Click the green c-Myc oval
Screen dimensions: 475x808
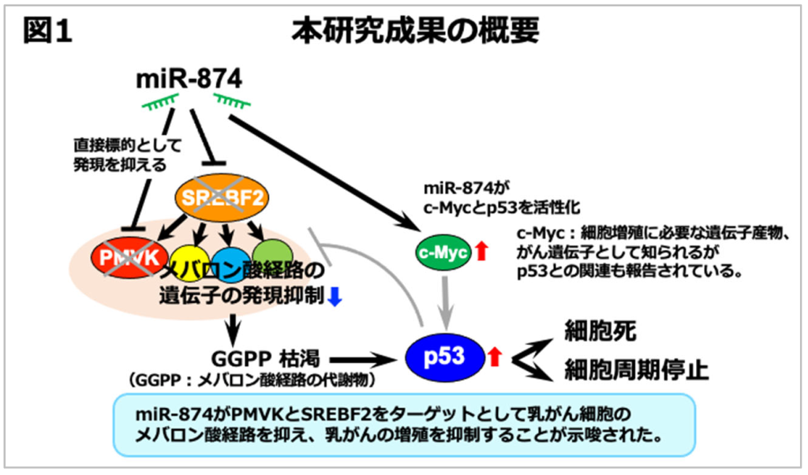click(x=443, y=252)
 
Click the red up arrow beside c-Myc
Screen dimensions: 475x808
click(x=483, y=252)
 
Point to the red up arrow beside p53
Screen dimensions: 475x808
click(x=495, y=356)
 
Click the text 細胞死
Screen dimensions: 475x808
click(x=595, y=331)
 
